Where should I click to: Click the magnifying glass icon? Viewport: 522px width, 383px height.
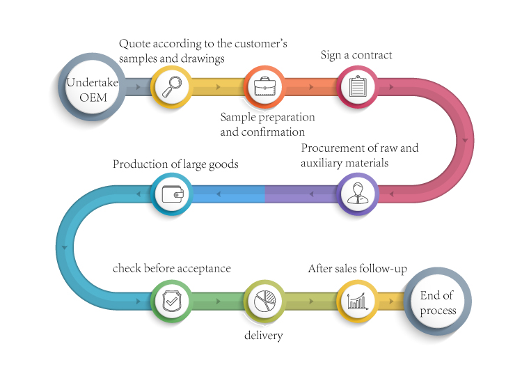pos(172,86)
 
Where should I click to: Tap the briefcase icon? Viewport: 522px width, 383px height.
pos(264,86)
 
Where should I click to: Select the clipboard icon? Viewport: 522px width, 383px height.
pos(358,86)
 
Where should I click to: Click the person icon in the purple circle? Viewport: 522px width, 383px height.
pos(358,193)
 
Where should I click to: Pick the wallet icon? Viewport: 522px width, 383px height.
pos(173,194)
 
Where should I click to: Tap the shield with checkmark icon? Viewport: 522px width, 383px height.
pos(171,301)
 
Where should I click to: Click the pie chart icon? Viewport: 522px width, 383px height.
pos(264,300)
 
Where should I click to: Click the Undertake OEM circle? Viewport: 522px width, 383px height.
pos(92,87)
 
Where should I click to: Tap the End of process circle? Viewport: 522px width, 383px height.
pos(438,302)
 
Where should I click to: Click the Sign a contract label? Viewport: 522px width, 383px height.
pos(356,55)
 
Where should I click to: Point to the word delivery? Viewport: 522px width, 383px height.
pos(264,336)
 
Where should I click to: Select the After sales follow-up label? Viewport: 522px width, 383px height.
pos(358,268)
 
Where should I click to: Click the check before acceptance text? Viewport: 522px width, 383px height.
pos(172,268)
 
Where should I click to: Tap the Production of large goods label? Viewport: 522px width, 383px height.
pos(175,164)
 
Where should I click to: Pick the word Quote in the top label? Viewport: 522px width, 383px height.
pos(134,44)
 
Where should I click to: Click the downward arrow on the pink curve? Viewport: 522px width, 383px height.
pos(465,140)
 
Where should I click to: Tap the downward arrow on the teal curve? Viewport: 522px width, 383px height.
pos(64,247)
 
